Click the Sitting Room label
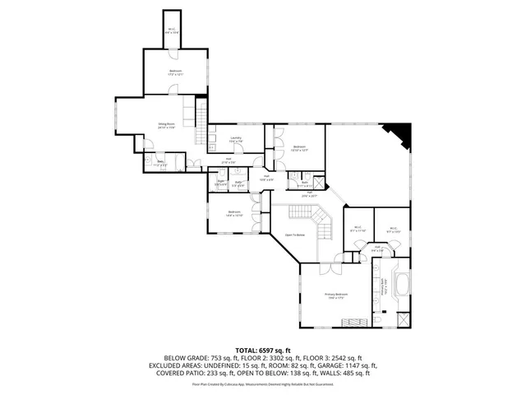pos(168,126)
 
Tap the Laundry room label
pos(235,140)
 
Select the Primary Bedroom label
pos(337,295)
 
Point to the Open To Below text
pos(294,235)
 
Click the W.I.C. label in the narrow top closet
pos(172,32)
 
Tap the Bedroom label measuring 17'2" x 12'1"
pos(175,72)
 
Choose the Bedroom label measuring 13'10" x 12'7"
pos(299,149)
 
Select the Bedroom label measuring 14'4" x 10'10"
pos(234,214)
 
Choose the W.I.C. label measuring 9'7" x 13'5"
pos(393,230)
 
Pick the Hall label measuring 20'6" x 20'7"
pos(308,194)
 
